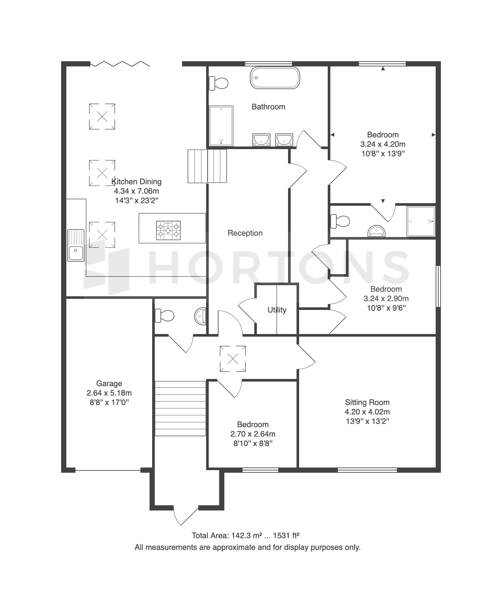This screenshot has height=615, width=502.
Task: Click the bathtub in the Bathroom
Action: click(x=275, y=78)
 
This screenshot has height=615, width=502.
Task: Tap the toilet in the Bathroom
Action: click(x=218, y=83)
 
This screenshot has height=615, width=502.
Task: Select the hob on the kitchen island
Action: click(x=168, y=231)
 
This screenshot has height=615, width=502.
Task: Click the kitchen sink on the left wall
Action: click(x=76, y=245)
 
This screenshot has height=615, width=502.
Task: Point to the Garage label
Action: click(x=109, y=384)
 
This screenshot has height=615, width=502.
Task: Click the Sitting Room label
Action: click(x=367, y=402)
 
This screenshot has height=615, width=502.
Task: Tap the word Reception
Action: click(x=245, y=233)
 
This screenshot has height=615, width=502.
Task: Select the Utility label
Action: click(x=277, y=310)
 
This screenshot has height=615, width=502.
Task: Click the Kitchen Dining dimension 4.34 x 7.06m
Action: click(x=137, y=191)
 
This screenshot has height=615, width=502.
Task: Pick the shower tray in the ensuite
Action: click(x=421, y=221)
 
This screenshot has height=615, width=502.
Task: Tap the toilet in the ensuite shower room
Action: click(x=340, y=221)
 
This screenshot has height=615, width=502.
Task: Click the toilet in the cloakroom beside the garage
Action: click(x=165, y=315)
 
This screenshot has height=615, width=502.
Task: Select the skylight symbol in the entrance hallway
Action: click(x=233, y=359)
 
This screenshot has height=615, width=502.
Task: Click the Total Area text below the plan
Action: click(x=245, y=535)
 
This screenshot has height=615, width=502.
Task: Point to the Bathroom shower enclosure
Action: click(x=221, y=126)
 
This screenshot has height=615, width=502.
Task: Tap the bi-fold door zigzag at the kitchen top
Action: click(x=120, y=63)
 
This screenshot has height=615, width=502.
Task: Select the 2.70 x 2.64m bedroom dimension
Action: click(x=253, y=434)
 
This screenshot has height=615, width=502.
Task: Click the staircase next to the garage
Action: click(x=180, y=409)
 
